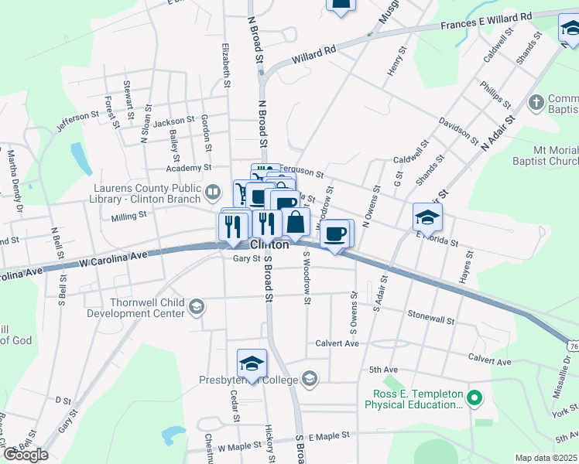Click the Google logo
(x=26, y=455)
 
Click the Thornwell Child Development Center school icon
(x=197, y=307)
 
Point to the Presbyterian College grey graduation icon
(x=310, y=378)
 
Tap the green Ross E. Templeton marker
(x=475, y=399)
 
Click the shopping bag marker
(x=296, y=222)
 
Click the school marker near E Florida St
(x=427, y=217)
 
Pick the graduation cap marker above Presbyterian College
(x=252, y=363)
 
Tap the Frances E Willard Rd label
(x=487, y=21)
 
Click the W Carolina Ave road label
(x=113, y=260)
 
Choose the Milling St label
(x=128, y=219)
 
